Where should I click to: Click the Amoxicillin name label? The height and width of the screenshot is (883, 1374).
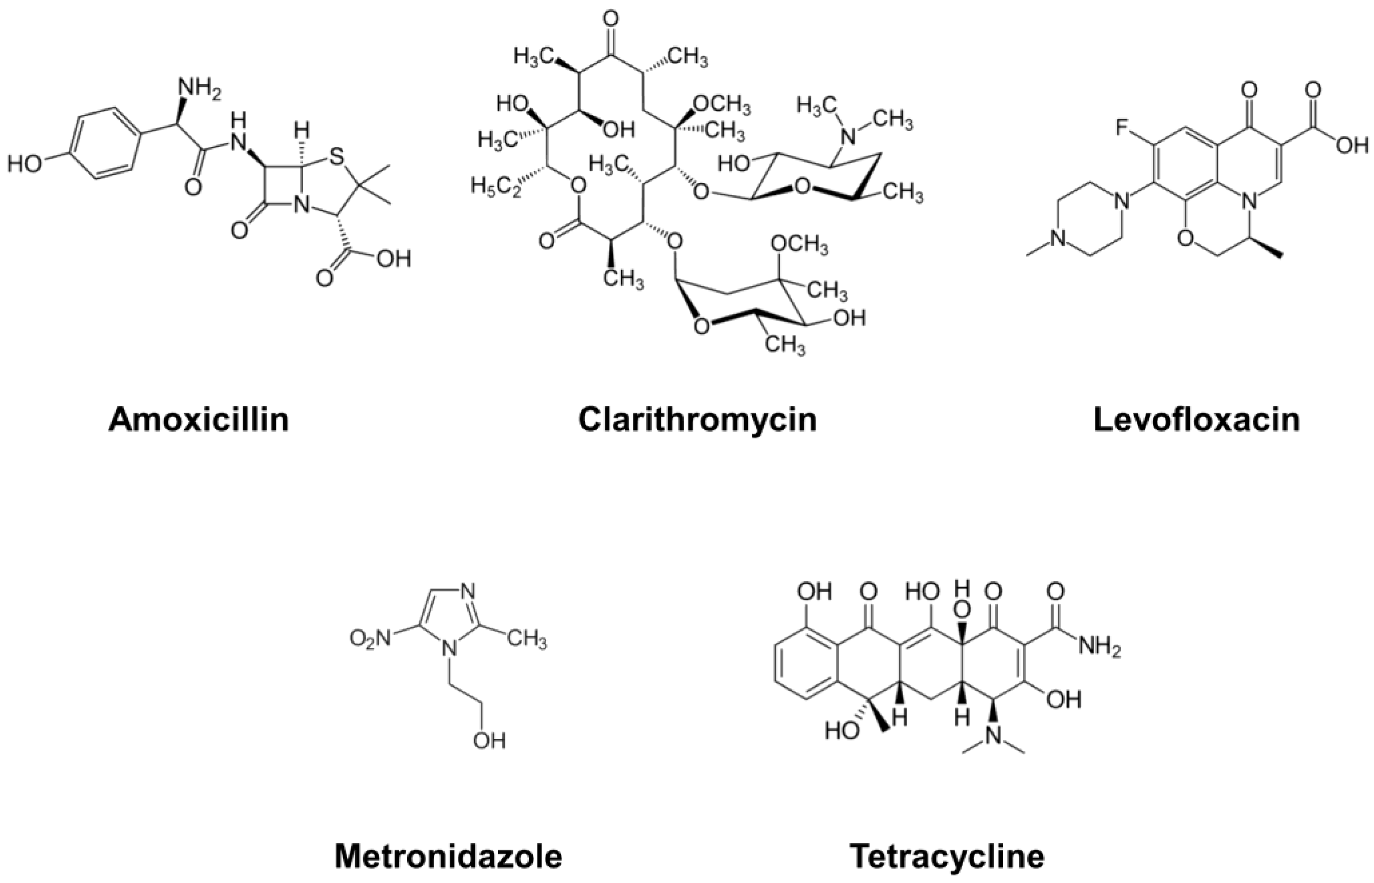click(x=199, y=420)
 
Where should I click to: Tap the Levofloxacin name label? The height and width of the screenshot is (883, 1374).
click(x=1197, y=420)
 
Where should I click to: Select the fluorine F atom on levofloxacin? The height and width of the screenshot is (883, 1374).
click(x=1122, y=127)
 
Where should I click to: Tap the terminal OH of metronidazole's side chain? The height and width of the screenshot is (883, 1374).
click(x=489, y=741)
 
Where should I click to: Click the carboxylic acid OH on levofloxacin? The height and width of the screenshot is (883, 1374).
click(x=1352, y=146)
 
